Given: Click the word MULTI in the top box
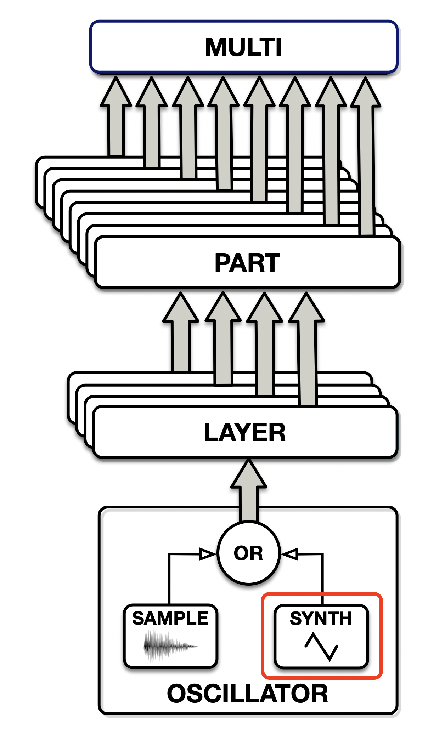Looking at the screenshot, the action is point(243,47).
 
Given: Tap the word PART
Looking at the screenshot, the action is point(247,263).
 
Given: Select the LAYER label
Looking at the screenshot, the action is point(245,432).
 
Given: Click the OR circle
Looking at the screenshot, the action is point(249,553).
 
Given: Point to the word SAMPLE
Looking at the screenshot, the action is point(170,619).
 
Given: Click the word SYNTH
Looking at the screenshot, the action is point(321,619).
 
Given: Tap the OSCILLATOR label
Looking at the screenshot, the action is point(248,694).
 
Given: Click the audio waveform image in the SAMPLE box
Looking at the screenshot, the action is point(170,647).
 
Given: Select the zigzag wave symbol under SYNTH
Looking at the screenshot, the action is point(321,647).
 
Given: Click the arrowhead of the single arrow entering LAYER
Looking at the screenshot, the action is point(249,474).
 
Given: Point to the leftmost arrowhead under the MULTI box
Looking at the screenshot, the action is point(116,91).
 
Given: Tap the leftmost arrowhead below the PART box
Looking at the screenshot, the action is point(181,307).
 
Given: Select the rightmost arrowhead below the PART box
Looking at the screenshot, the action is point(306,307).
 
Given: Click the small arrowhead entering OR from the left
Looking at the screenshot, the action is point(208,554).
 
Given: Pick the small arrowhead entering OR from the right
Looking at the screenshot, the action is point(290,554).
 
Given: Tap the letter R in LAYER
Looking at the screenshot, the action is point(277,432).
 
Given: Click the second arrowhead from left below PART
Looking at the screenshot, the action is point(223,307).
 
